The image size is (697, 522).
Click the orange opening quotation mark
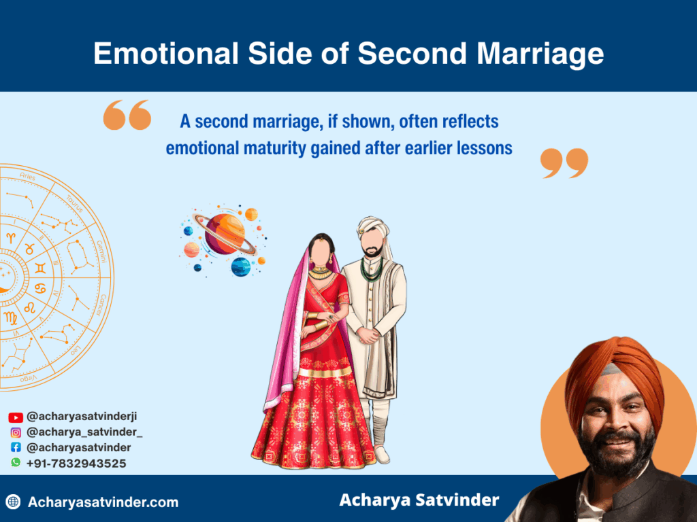[x=127, y=115]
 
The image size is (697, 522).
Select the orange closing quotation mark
[x=564, y=163]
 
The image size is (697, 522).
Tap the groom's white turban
[x=373, y=228]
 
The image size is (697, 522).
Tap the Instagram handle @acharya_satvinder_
[x=84, y=432]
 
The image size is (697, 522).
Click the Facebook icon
[x=16, y=448]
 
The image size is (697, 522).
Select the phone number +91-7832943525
[x=76, y=464]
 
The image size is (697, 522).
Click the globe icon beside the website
[x=13, y=503]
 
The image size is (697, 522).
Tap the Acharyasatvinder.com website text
[x=103, y=503]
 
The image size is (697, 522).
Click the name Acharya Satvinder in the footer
[x=419, y=501]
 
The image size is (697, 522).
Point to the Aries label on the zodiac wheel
[x=27, y=177]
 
